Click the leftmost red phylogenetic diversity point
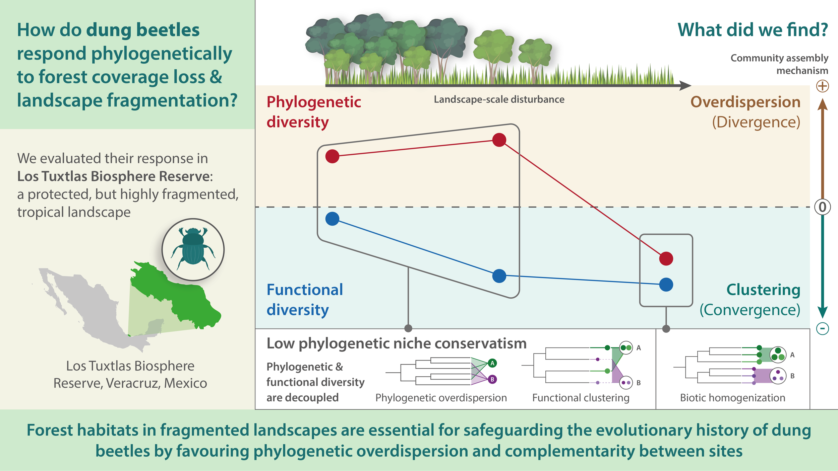[332, 156]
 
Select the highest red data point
[499, 140]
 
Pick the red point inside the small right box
[666, 258]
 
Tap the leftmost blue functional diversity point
[332, 219]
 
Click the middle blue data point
[499, 276]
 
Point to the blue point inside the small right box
[666, 285]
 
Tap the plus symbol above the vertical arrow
[822, 86]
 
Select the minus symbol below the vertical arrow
[822, 328]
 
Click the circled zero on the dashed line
[822, 207]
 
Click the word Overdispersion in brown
[745, 102]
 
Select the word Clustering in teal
[763, 290]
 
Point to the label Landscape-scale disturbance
[499, 99]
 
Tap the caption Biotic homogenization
[732, 398]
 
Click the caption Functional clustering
[581, 398]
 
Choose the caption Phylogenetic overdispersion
[441, 398]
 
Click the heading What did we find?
[753, 30]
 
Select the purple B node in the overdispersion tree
[492, 379]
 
